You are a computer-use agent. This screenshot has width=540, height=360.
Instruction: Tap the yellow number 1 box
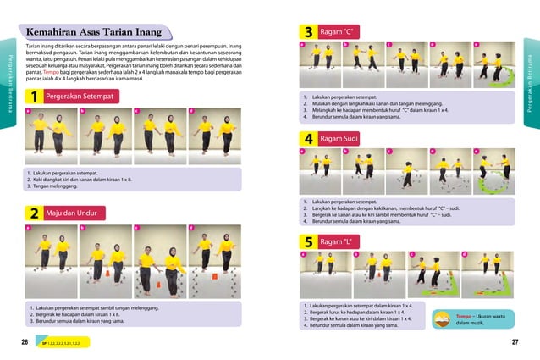(33, 97)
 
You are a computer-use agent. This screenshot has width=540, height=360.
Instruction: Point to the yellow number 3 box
(309, 32)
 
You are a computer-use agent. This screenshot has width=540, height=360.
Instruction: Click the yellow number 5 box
(309, 242)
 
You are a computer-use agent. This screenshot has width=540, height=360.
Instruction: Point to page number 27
(515, 343)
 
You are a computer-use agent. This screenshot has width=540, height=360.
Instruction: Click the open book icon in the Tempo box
(443, 319)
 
